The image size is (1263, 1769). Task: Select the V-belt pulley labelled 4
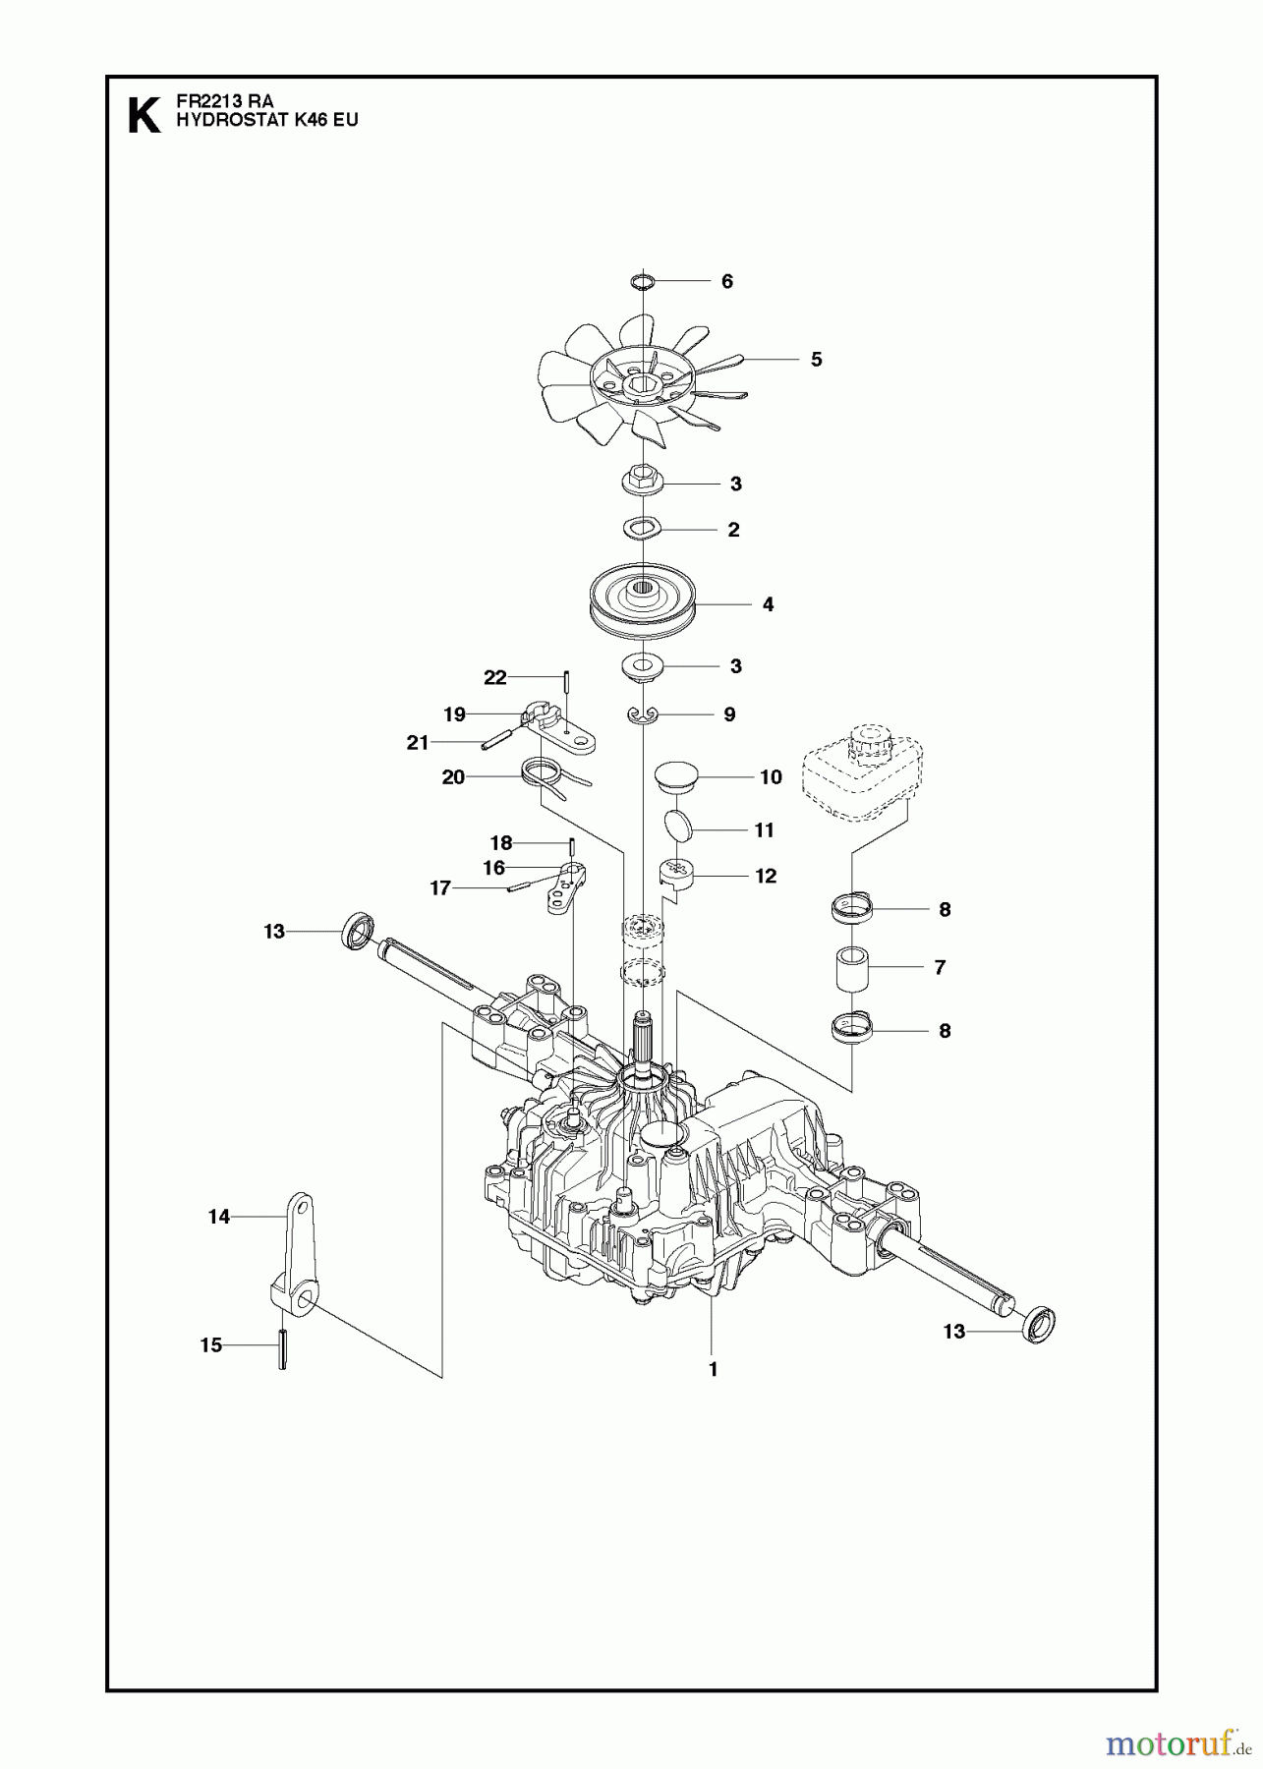click(x=643, y=601)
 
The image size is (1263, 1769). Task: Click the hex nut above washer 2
click(x=641, y=483)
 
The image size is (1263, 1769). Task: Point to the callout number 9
click(x=729, y=714)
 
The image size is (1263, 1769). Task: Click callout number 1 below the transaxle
click(x=714, y=1368)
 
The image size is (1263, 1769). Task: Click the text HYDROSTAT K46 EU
click(x=240, y=120)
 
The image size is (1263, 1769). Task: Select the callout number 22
click(x=494, y=677)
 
